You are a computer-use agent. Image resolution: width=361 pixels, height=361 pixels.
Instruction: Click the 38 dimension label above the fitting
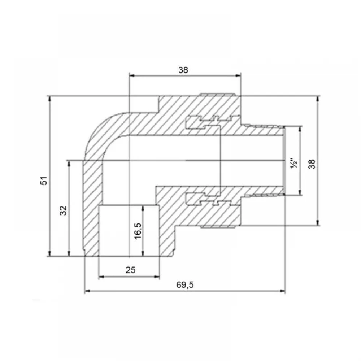click(x=183, y=70)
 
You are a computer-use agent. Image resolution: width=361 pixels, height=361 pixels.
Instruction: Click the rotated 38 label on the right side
click(x=312, y=164)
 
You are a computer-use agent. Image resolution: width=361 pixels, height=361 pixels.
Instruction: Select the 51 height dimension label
click(x=44, y=180)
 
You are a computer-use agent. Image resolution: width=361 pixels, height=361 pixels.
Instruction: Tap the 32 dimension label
click(x=63, y=210)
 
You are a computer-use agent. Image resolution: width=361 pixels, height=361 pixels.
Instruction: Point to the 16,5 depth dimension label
click(x=138, y=231)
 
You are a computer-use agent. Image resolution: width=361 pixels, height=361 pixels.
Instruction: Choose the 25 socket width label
click(x=131, y=270)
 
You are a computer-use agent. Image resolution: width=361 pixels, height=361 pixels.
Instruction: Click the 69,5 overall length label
click(x=185, y=285)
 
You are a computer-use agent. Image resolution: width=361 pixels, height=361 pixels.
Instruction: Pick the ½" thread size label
click(x=294, y=163)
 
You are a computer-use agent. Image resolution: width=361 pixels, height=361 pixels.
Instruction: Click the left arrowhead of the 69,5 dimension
click(x=87, y=291)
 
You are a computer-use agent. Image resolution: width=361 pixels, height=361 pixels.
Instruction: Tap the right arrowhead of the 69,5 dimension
click(x=283, y=291)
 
